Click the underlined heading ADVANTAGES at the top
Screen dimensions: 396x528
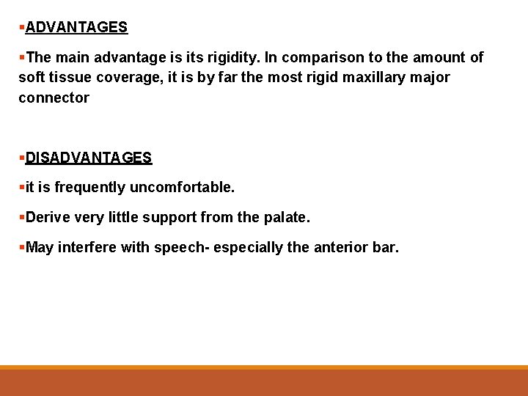click(x=76, y=28)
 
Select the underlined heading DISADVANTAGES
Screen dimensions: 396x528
click(x=89, y=158)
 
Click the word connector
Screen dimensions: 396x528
click(x=54, y=98)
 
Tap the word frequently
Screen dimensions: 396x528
click(x=90, y=188)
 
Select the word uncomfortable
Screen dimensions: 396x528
click(x=182, y=188)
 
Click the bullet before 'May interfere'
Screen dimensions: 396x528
click(x=22, y=248)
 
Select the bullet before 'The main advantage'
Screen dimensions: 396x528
click(x=22, y=57)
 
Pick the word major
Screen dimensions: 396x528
click(x=431, y=77)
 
